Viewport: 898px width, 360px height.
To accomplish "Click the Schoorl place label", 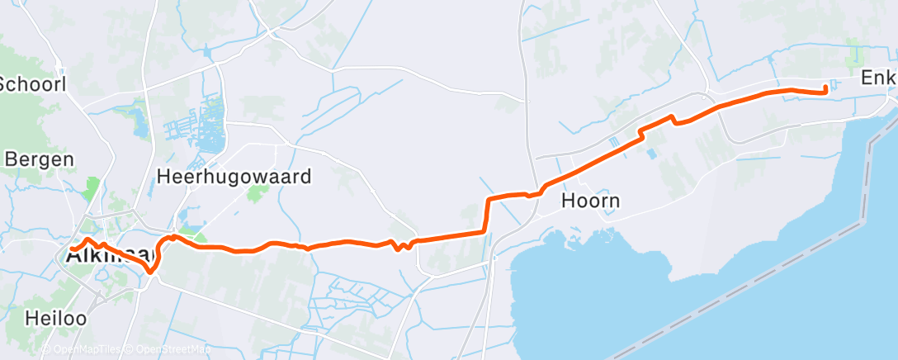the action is click(31, 83).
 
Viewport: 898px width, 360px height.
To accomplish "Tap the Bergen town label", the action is click(38, 159).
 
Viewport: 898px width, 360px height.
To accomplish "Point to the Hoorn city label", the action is click(590, 201).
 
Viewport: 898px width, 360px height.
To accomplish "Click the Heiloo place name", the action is click(55, 317).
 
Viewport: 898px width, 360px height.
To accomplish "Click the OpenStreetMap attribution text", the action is click(166, 349).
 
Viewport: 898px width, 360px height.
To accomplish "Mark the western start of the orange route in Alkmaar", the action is click(72, 248).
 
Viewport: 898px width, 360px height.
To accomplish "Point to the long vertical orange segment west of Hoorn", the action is click(486, 216).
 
